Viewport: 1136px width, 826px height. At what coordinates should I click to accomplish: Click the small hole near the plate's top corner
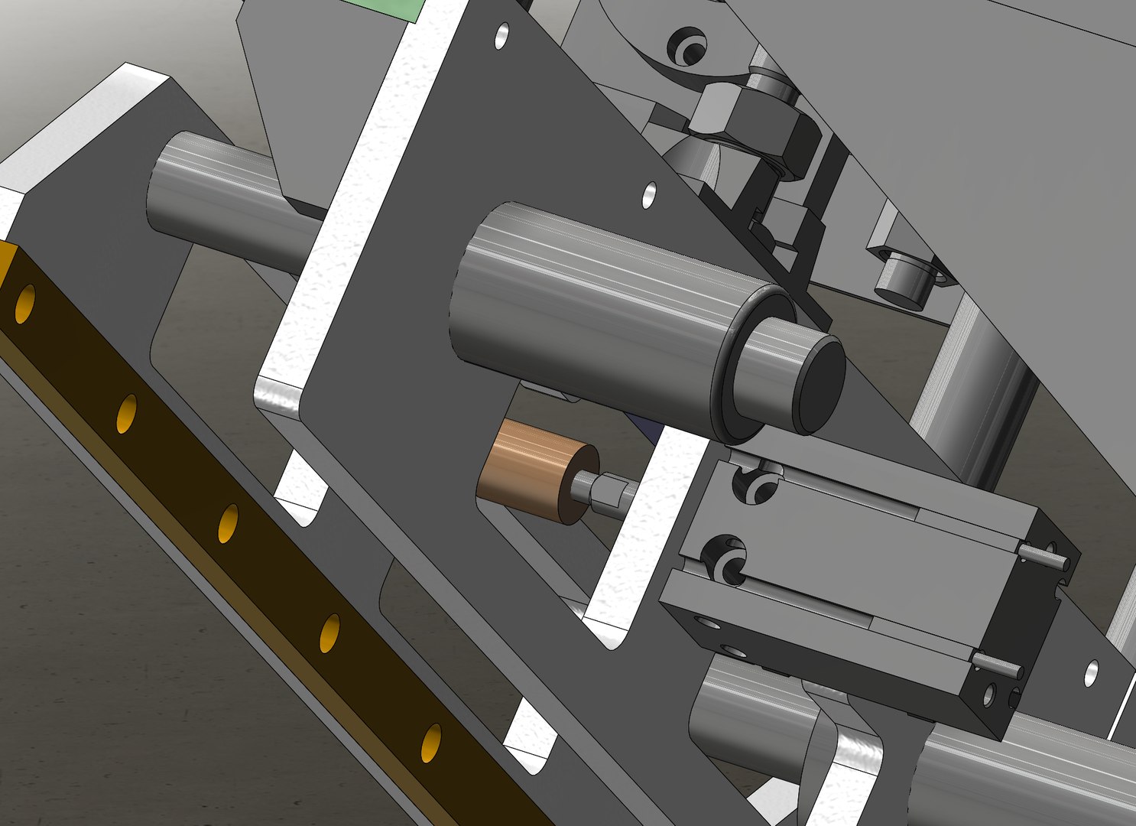(x=502, y=35)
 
